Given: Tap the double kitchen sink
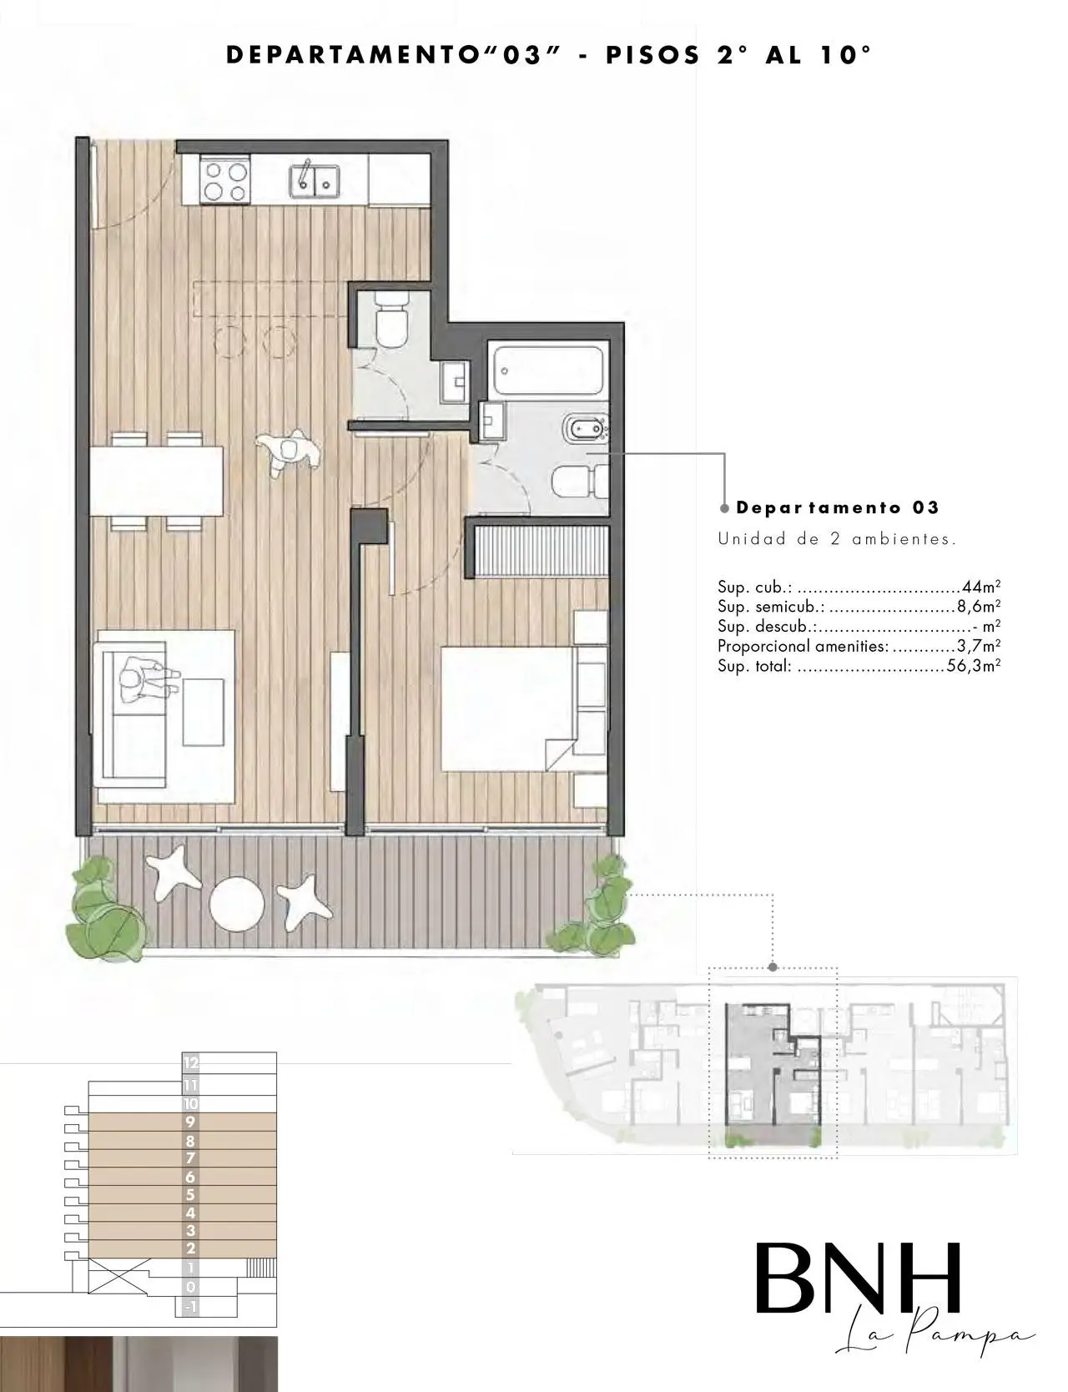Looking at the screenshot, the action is tap(314, 180).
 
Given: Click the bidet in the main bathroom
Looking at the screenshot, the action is tap(588, 429).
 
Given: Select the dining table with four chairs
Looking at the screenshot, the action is tap(156, 482).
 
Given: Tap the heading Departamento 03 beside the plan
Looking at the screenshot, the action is tap(838, 507).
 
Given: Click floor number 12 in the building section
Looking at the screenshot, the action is tap(191, 1063).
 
